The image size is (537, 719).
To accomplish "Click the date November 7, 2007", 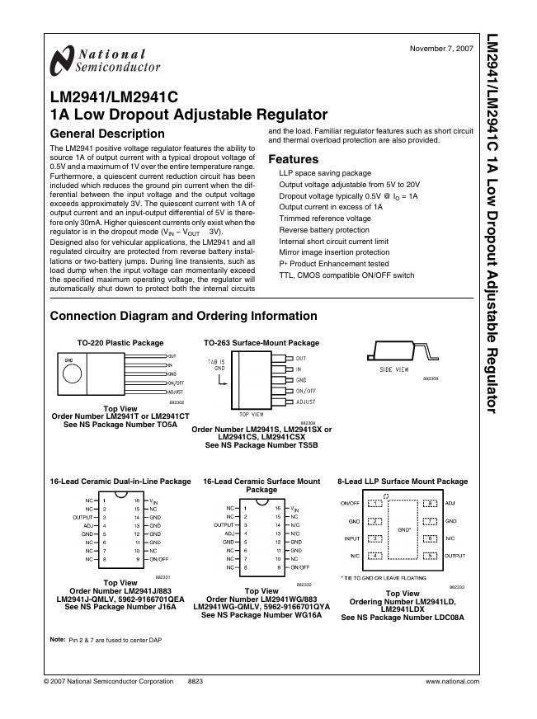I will tap(441, 49).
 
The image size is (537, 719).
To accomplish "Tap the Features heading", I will tap(293, 159).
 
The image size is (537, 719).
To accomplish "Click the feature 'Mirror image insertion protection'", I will tap(334, 252).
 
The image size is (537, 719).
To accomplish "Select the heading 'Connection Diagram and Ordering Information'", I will tap(183, 316).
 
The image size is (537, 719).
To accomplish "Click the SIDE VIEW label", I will tap(393, 370).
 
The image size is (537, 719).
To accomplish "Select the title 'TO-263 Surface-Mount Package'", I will tap(261, 343).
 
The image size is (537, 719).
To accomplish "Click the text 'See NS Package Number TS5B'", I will tap(261, 444).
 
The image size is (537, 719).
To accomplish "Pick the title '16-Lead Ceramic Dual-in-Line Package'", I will tap(120, 482).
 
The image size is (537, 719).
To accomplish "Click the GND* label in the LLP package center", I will tap(404, 529).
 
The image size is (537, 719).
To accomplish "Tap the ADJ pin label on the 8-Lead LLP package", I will tap(450, 502).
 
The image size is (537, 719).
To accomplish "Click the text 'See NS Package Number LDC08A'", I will tap(403, 616).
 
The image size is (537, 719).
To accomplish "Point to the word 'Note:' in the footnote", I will tap(58, 640).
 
